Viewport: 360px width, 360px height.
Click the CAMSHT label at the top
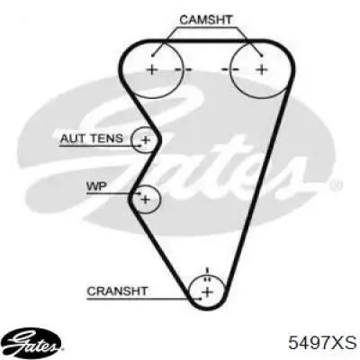[206, 20]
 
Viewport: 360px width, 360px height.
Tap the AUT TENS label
[92, 139]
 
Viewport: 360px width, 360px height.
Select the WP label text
[96, 186]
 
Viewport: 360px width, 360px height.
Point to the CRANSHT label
[117, 291]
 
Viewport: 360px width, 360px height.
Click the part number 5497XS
[322, 342]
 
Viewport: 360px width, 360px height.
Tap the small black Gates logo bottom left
[33, 342]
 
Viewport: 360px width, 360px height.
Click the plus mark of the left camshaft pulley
[152, 70]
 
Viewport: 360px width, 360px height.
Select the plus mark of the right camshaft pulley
[262, 70]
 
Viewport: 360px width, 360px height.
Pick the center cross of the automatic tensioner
[146, 139]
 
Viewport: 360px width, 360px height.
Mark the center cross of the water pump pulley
[145, 199]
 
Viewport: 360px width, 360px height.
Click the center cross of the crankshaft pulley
[207, 292]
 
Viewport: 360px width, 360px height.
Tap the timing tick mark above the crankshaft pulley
[207, 271]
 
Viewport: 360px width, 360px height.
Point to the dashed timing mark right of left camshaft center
[183, 70]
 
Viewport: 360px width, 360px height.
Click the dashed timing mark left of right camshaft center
[230, 70]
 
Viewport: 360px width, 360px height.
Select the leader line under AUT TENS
[100, 146]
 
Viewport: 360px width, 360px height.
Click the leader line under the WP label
[113, 193]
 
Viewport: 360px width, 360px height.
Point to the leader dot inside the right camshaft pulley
[262, 56]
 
